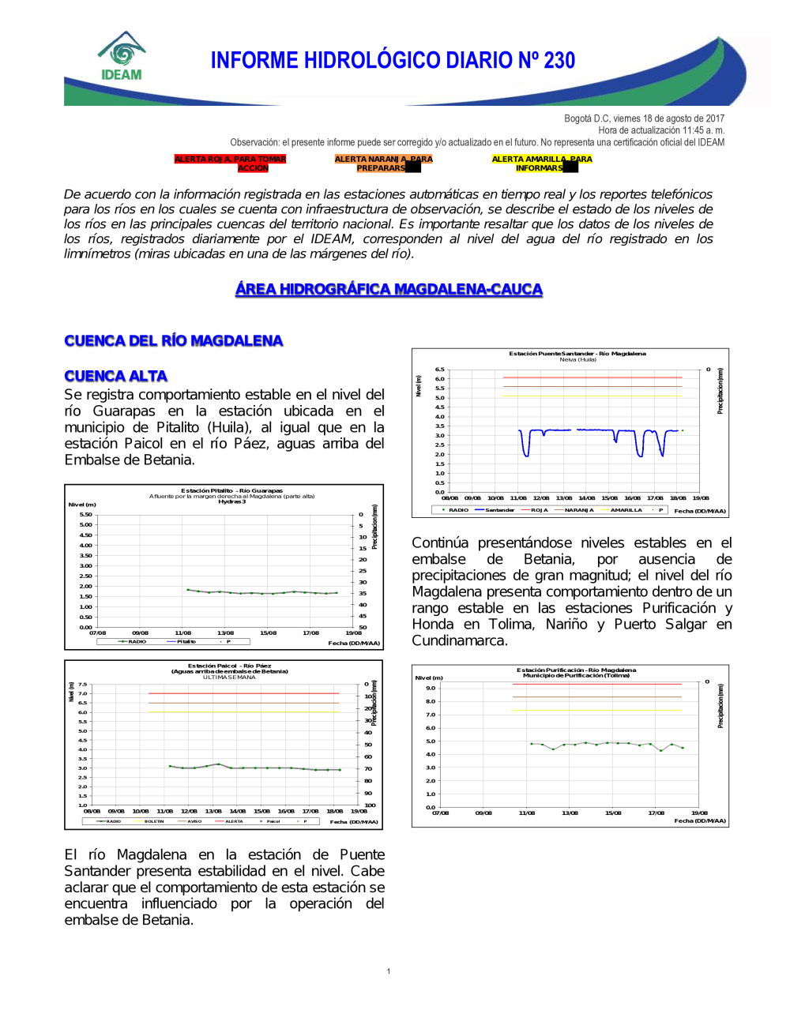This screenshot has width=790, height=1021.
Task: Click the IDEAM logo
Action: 122,57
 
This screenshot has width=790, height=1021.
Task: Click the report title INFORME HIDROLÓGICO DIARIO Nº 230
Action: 393,61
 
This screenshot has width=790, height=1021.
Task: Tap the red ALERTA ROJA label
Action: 230,163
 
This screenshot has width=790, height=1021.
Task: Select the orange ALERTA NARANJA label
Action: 383,163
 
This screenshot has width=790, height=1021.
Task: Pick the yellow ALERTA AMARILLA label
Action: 542,163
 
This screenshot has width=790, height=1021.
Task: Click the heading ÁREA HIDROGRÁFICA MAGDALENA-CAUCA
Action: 389,289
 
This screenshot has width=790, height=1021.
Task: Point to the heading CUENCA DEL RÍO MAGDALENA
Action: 174,340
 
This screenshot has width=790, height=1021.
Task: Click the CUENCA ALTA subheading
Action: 116,376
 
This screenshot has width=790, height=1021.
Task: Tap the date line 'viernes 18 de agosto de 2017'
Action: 644,118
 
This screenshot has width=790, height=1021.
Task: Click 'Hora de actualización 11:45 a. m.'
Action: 661,130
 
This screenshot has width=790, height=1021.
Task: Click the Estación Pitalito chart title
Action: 231,490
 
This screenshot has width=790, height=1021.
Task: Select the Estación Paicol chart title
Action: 229,666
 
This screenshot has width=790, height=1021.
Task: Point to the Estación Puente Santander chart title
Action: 577,354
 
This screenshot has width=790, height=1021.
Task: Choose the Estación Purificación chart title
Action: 576,670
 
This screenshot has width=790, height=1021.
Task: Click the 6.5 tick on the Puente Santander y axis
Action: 439,370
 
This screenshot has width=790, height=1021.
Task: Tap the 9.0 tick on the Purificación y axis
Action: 431,688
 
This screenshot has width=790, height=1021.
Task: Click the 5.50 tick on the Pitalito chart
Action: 86,515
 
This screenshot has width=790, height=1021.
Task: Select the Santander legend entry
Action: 495,510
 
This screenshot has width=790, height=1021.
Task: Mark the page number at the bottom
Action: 389,971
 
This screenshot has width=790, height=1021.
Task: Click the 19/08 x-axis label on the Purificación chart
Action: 699,813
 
